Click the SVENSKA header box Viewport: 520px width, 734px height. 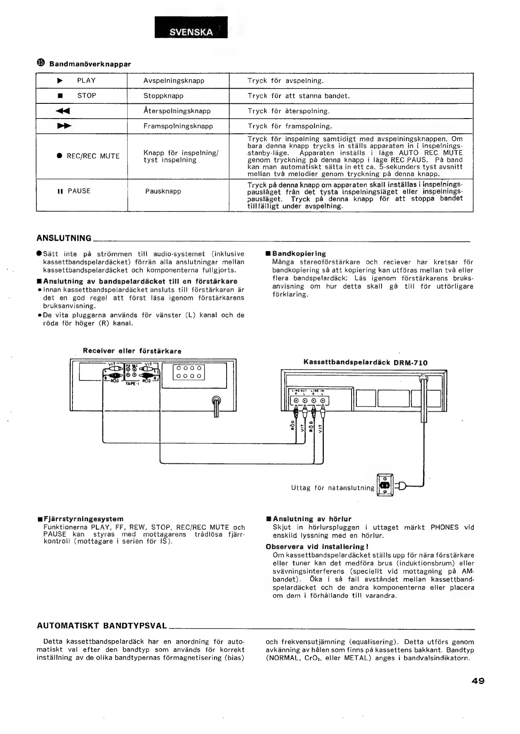(x=191, y=28)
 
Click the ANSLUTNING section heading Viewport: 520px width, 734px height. (x=64, y=238)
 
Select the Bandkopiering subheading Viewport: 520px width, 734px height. (x=299, y=254)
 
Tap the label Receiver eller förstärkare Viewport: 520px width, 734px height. (x=132, y=351)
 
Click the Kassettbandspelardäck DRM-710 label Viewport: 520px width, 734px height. (x=365, y=363)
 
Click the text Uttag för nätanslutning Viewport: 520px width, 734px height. (x=332, y=488)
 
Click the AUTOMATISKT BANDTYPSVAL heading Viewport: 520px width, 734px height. (x=102, y=626)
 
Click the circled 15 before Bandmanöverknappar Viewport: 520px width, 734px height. (x=41, y=63)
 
